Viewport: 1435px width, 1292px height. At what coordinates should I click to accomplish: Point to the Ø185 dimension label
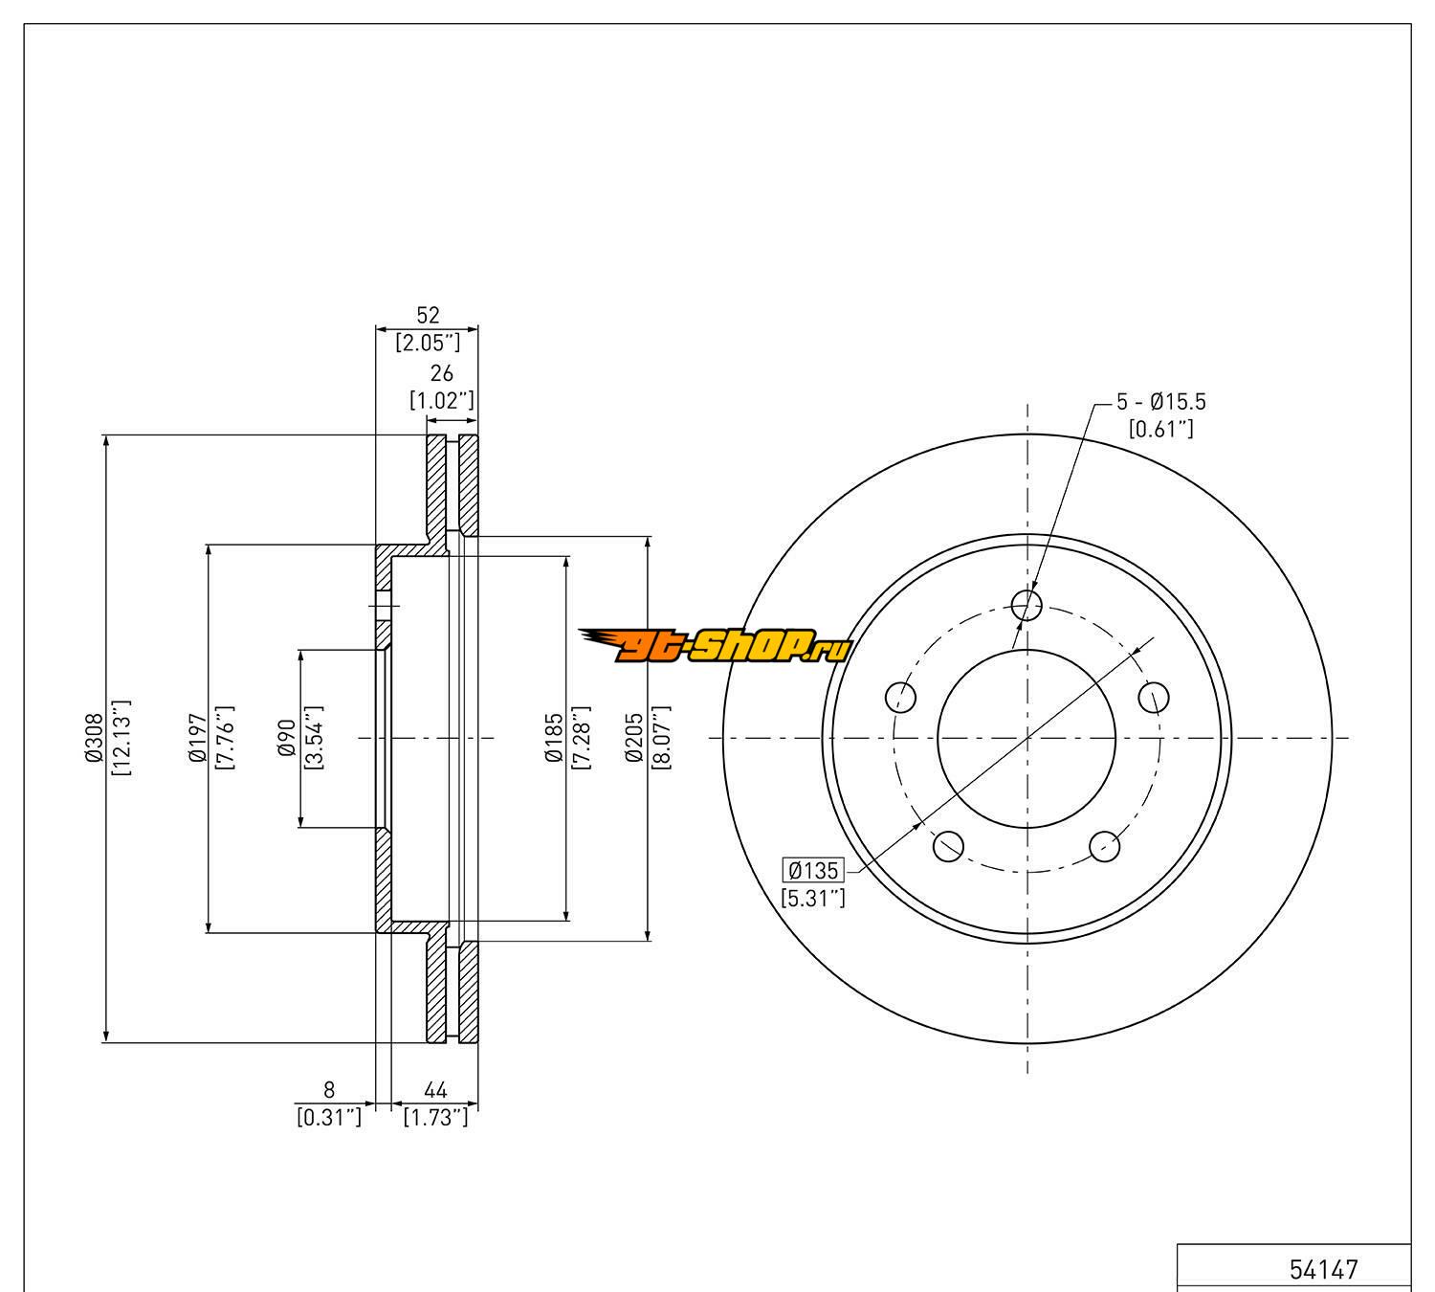click(x=553, y=738)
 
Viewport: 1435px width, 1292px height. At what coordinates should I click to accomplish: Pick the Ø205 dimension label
click(x=633, y=738)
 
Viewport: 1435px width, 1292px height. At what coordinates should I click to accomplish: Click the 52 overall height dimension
click(x=428, y=315)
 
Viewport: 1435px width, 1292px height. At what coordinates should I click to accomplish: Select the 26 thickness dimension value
click(x=441, y=374)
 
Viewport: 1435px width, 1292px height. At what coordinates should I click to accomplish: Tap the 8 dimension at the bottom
click(x=329, y=1089)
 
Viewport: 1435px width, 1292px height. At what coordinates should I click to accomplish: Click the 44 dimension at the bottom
click(x=435, y=1089)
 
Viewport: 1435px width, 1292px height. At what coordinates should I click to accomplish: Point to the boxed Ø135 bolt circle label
click(x=813, y=871)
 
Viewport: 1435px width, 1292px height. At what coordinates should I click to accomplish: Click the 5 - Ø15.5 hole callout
click(x=1160, y=403)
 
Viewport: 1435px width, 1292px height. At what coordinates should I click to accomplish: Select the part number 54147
click(x=1324, y=1269)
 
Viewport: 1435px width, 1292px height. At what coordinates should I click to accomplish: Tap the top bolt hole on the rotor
click(x=1027, y=604)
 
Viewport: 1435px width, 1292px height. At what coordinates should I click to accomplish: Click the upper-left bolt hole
click(x=900, y=697)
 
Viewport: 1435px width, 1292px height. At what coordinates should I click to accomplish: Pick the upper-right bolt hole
click(x=1154, y=697)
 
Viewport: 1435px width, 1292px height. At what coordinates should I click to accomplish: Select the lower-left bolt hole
click(x=948, y=845)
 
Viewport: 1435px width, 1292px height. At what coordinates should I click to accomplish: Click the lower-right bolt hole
click(x=1105, y=845)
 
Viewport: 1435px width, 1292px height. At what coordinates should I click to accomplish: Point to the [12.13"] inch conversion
click(x=121, y=738)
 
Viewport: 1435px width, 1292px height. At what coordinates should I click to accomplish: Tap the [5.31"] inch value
click(x=813, y=898)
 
